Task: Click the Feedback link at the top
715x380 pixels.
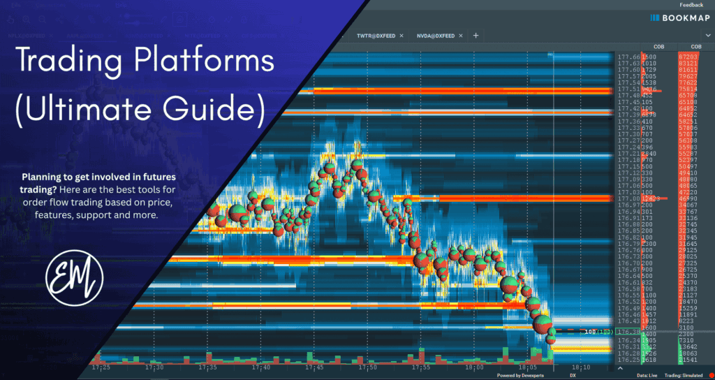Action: click(x=691, y=5)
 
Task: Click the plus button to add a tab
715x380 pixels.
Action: click(x=476, y=35)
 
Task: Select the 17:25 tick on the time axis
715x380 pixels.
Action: click(x=101, y=367)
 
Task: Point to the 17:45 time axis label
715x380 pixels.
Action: click(x=315, y=367)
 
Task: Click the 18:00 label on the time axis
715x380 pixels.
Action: click(x=475, y=367)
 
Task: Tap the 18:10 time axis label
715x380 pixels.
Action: click(x=580, y=367)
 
